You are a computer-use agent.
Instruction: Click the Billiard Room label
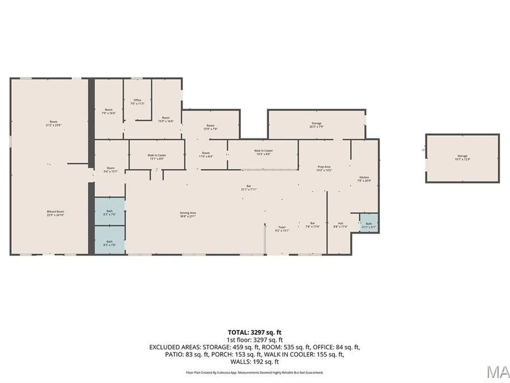56,212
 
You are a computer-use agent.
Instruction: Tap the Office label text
138,100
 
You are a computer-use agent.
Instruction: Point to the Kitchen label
364,178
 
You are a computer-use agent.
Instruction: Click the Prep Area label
324,167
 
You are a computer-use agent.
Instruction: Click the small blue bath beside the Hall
368,223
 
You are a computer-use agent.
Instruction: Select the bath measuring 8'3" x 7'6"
109,213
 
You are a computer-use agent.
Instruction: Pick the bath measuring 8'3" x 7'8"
109,242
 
